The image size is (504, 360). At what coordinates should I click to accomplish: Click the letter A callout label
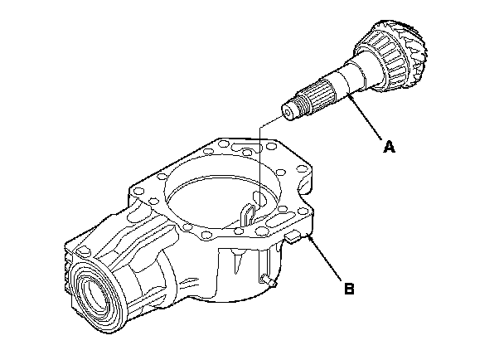tap(389, 148)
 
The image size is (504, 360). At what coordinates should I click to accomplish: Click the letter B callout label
tap(350, 289)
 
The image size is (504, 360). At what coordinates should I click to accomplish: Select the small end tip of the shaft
tap(291, 111)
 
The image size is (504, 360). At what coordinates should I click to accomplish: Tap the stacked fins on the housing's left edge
tap(69, 264)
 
